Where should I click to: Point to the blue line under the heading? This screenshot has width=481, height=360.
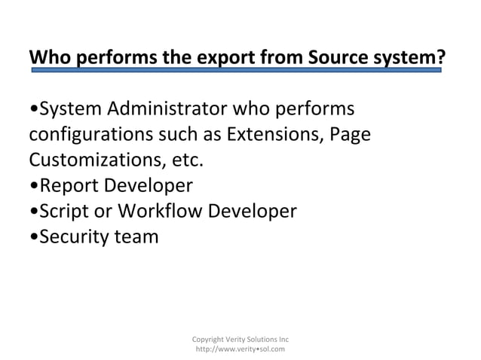234,70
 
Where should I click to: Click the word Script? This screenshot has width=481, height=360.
64,212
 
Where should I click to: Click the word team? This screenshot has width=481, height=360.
138,236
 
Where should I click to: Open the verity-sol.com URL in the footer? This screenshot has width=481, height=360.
240,349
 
